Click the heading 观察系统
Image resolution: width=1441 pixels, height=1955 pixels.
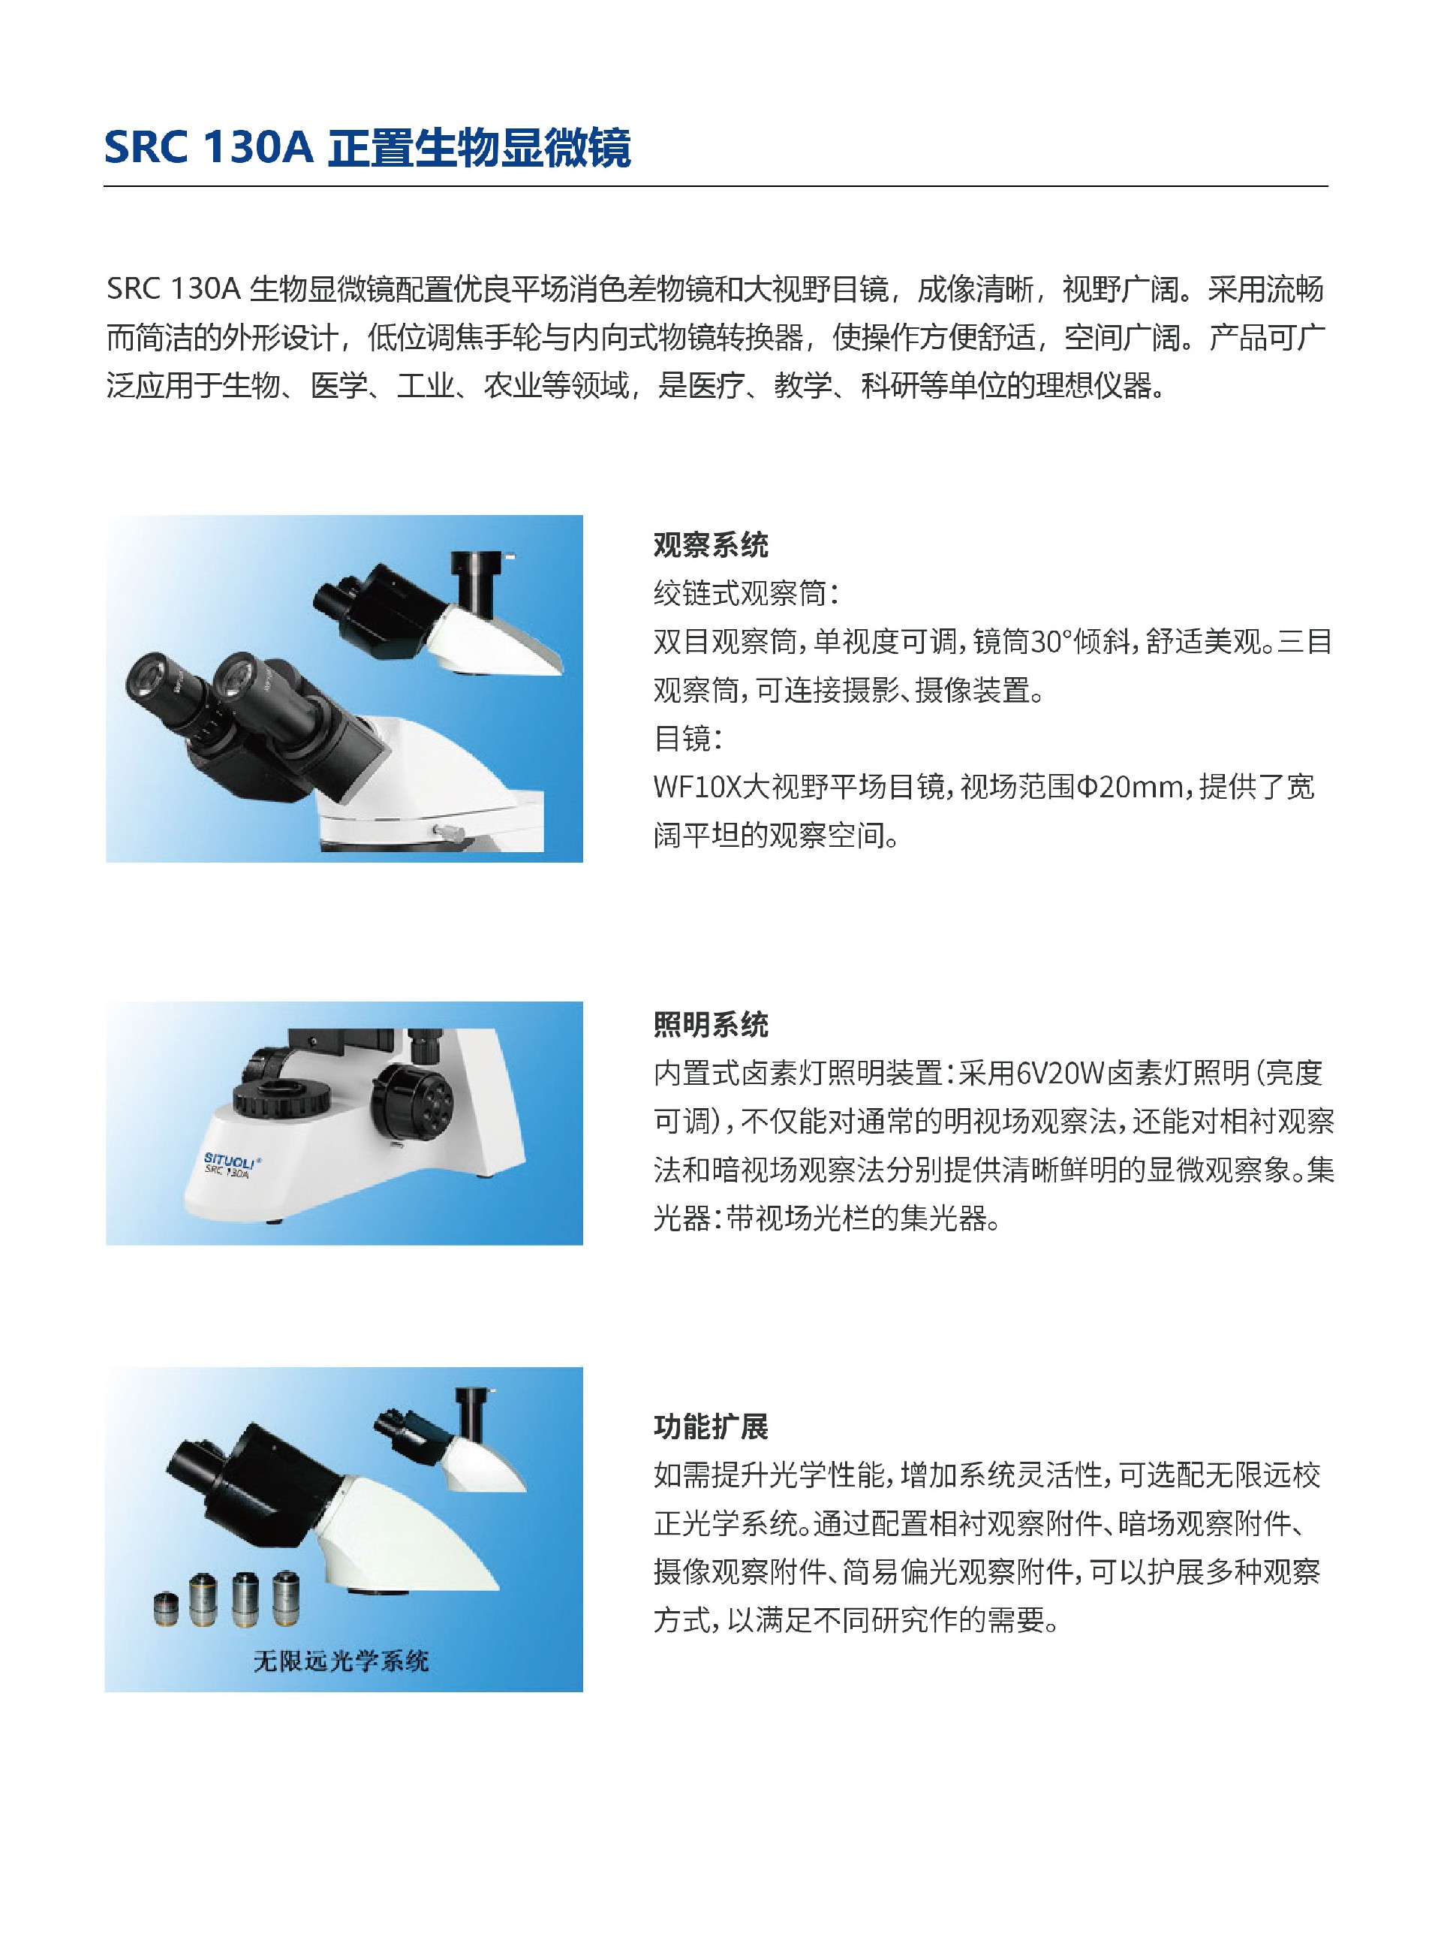click(710, 546)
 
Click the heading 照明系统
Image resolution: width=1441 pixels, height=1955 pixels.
click(710, 1024)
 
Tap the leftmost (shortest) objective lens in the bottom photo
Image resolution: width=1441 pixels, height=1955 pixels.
click(165, 1607)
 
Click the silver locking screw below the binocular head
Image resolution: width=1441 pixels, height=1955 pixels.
click(446, 829)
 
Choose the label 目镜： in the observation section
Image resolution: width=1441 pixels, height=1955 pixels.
click(688, 739)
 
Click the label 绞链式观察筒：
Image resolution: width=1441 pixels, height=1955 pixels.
click(746, 594)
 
